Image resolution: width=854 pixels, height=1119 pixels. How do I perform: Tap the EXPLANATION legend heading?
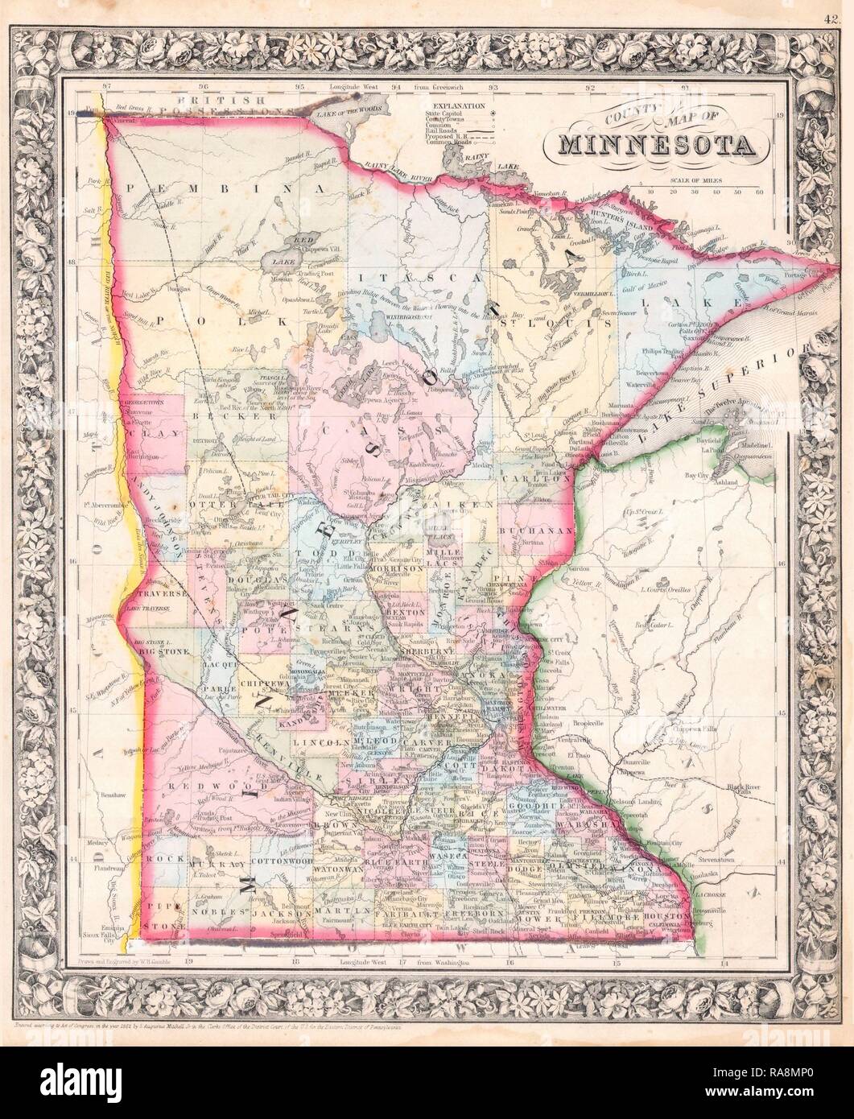[x=458, y=105]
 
